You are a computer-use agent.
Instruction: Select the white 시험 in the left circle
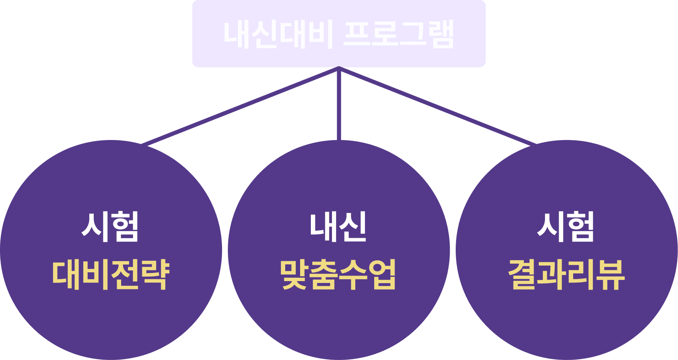click(110, 227)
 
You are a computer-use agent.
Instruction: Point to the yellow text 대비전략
click(111, 275)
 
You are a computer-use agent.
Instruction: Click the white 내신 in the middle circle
click(338, 227)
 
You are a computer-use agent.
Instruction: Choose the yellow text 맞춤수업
click(338, 275)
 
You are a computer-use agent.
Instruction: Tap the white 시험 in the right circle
click(566, 227)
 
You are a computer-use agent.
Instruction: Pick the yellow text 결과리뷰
click(566, 275)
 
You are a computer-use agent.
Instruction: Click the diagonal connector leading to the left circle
click(241, 106)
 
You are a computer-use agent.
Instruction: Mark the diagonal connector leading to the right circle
click(437, 106)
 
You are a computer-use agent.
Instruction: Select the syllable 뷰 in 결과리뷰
click(611, 275)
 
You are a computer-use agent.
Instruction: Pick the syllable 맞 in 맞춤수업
click(294, 275)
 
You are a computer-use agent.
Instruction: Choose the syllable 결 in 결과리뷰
click(522, 275)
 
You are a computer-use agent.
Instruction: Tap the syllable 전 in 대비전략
click(125, 275)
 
